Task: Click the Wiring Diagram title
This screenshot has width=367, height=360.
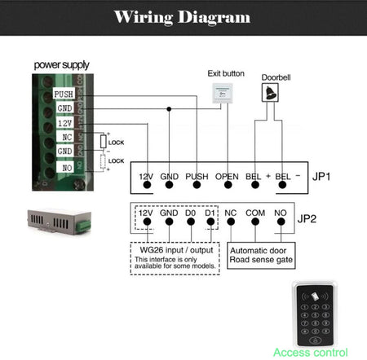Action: point(183,16)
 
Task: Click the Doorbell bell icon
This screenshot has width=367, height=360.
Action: point(270,94)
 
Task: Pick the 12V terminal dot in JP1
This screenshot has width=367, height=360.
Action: point(147,185)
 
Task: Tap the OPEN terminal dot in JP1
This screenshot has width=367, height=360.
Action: point(227,185)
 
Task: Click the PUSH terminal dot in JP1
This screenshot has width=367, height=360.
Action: point(197,185)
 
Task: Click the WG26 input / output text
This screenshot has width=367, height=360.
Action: point(170,251)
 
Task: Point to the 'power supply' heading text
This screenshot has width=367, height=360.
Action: point(61,64)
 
